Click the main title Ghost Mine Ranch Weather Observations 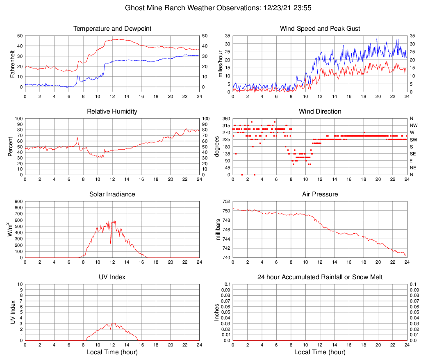point(210,8)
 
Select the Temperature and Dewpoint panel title point(112,29)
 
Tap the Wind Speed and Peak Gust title point(320,29)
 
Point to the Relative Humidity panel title point(112,112)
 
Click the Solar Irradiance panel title point(112,194)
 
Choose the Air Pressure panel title point(320,194)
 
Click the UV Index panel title point(112,277)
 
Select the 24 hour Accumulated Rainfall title point(320,277)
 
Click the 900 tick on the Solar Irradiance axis point(18,202)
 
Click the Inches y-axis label point(217,312)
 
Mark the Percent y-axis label point(11,146)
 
